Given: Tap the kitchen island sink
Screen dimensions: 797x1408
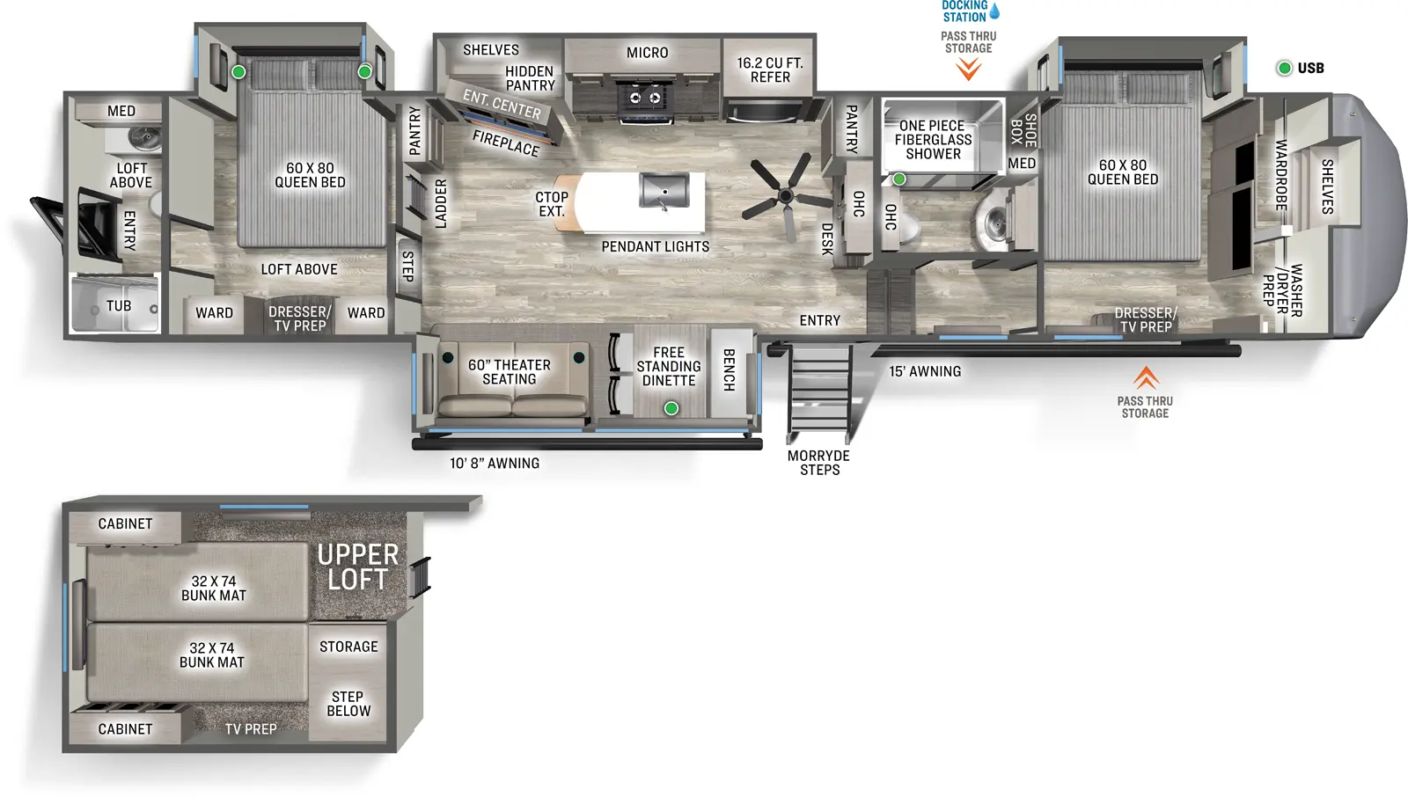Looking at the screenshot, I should [664, 191].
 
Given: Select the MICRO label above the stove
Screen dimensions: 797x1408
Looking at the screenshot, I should [647, 53].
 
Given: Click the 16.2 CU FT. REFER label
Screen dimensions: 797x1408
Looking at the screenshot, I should [770, 70].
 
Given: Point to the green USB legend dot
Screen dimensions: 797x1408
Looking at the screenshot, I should [1284, 68].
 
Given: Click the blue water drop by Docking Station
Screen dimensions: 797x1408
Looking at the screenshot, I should [994, 11].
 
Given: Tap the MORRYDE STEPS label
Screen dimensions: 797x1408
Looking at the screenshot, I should [818, 463].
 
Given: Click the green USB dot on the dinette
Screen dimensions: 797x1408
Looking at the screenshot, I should [671, 408].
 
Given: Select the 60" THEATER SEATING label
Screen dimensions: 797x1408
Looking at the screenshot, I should [509, 372].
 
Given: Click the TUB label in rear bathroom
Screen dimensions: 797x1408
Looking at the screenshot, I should [119, 306].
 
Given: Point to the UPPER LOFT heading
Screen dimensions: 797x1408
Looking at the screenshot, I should [357, 567].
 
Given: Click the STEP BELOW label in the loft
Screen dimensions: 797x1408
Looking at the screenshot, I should [348, 704].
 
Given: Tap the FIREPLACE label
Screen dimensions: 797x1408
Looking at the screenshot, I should [505, 143].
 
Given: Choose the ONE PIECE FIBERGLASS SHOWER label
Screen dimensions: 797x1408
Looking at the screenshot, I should [933, 140].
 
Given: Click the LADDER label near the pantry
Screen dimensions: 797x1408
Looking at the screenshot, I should [441, 204].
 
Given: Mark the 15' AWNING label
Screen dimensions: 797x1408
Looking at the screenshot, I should [925, 372].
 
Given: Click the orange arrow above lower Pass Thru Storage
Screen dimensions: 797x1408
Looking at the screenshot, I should [1145, 377].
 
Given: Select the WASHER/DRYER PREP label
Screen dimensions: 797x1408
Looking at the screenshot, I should [1282, 290].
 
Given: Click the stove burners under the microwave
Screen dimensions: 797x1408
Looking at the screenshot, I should [644, 98].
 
